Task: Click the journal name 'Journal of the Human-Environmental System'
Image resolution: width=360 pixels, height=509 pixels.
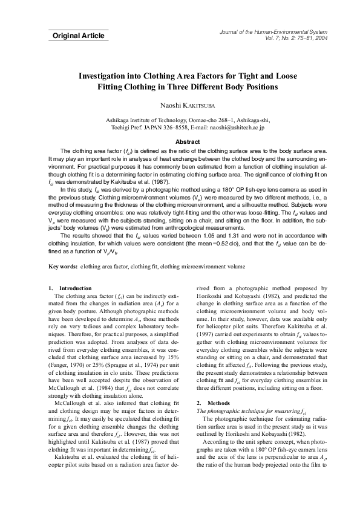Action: click(277, 31)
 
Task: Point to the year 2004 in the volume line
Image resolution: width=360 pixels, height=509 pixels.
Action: click(320, 37)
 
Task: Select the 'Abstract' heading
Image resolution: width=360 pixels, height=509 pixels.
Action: click(179, 141)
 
